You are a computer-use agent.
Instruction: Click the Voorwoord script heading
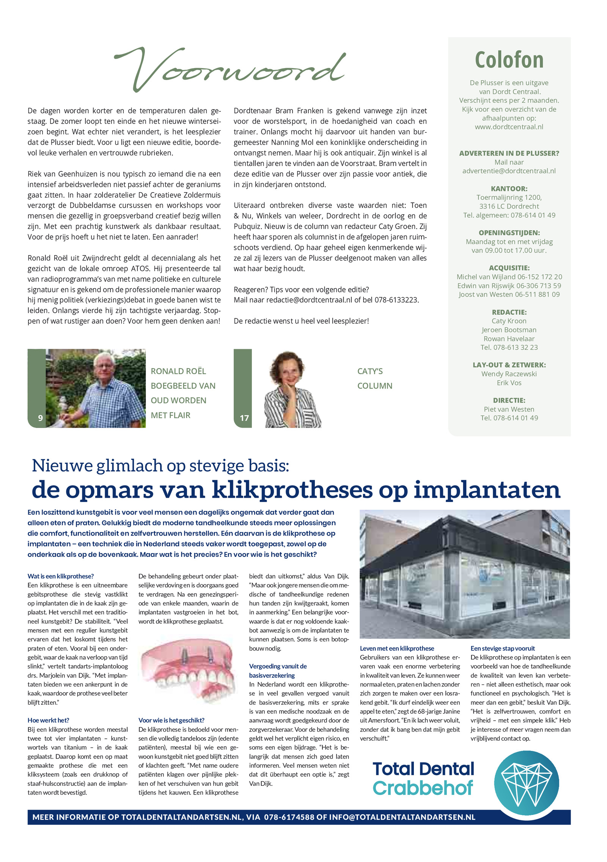coord(230,68)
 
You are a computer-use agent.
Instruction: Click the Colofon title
coord(509,60)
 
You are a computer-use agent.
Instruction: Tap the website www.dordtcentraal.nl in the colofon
coord(509,127)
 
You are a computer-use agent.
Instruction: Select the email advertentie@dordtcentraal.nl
coord(509,171)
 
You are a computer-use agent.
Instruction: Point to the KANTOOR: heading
coord(509,189)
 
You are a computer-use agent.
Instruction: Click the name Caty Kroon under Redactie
coord(509,321)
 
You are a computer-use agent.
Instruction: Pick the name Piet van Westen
coord(509,409)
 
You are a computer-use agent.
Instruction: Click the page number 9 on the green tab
coord(40,418)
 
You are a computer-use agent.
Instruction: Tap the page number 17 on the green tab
coord(244,418)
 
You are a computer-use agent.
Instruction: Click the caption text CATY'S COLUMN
coord(374,378)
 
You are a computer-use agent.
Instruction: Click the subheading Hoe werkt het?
coord(48,720)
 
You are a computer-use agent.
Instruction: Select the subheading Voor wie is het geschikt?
coord(171,720)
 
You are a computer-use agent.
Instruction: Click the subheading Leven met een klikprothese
coord(397,649)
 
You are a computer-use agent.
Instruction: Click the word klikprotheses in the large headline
coord(292,490)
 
